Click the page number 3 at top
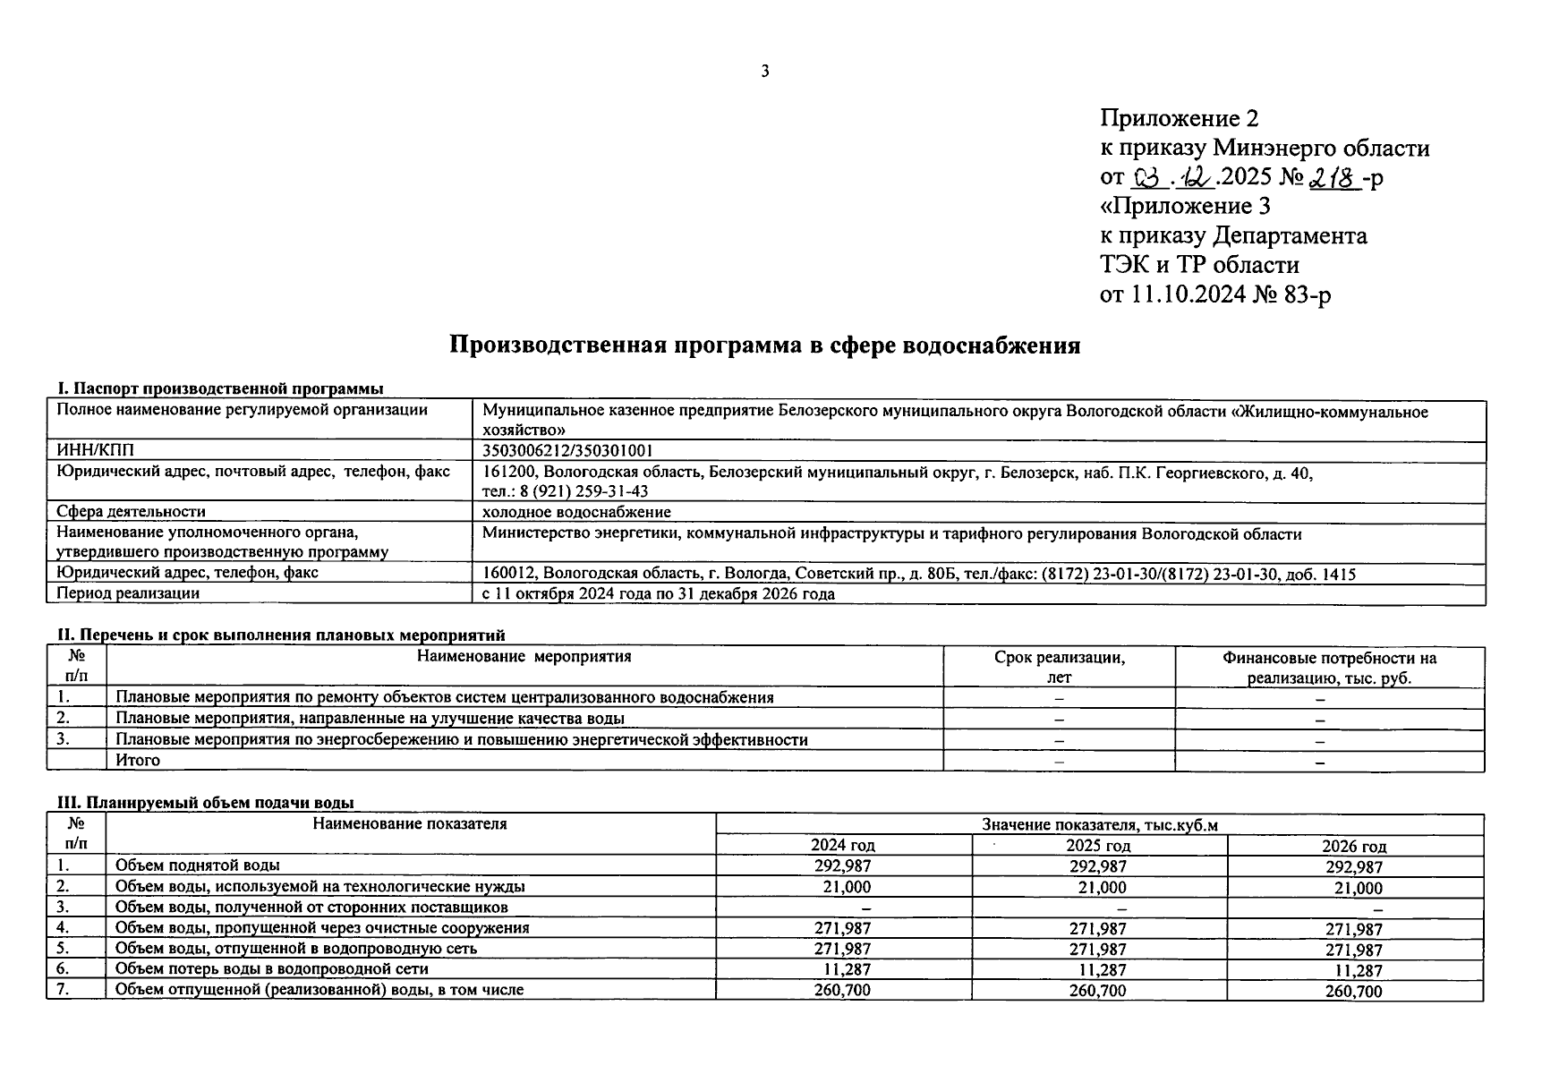tap(764, 72)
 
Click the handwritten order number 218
tap(1333, 177)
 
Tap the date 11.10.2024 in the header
tap(1187, 294)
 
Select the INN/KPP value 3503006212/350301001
tap(567, 451)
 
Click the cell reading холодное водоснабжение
tap(576, 512)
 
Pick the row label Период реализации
tap(128, 593)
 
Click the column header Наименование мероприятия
tap(524, 657)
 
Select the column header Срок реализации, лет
tap(1059, 667)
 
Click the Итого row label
tap(138, 761)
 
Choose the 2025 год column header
tap(1099, 846)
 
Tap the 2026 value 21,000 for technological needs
tap(1357, 889)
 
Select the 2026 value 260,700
tap(1355, 992)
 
